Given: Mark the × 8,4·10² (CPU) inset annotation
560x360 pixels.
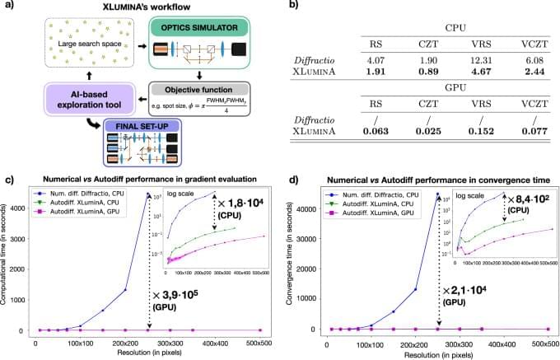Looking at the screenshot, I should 525,206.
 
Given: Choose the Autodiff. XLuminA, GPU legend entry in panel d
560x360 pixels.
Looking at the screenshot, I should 363,213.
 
